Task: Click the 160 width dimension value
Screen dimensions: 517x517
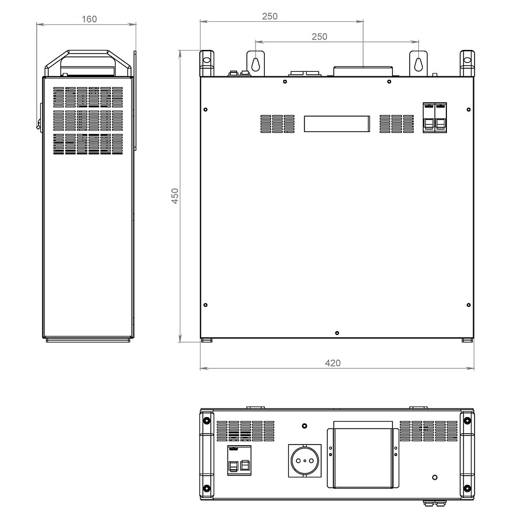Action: click(x=89, y=19)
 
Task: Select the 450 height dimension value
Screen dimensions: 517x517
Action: click(x=175, y=196)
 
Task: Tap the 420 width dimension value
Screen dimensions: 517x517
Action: click(x=333, y=363)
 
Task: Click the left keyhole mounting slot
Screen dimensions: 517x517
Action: click(x=256, y=64)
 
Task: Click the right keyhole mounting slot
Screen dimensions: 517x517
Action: click(x=418, y=64)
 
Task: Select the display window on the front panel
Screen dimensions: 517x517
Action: click(x=337, y=124)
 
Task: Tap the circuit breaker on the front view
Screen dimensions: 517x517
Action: click(x=435, y=118)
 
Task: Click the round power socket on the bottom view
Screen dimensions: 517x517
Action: click(x=304, y=461)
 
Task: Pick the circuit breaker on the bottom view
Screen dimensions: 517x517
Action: click(x=240, y=460)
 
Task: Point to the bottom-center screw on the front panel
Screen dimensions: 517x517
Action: click(x=337, y=333)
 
